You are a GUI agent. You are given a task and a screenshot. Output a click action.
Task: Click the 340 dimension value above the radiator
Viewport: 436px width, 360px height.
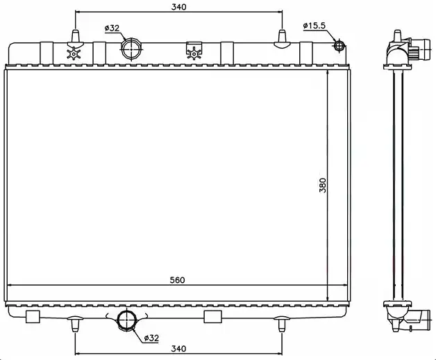click(x=178, y=7)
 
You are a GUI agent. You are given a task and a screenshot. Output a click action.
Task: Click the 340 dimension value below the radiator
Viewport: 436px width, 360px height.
click(x=178, y=348)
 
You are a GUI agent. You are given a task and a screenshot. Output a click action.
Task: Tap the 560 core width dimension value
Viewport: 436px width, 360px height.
click(x=178, y=280)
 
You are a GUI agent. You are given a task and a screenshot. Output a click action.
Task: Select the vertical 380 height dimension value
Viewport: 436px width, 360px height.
click(x=323, y=185)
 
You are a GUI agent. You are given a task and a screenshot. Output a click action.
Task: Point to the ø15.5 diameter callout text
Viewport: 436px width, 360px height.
click(x=315, y=26)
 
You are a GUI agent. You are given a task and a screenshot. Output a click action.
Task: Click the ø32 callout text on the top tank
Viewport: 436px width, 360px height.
click(x=112, y=28)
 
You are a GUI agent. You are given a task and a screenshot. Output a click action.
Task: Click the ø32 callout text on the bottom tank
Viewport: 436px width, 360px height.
click(x=151, y=338)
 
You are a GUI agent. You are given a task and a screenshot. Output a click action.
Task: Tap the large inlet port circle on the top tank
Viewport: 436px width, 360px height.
click(x=131, y=49)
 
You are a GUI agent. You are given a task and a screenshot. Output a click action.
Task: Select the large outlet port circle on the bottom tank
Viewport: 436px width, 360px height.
click(x=126, y=320)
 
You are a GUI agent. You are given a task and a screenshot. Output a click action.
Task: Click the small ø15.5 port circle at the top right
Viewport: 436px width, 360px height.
click(x=339, y=46)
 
